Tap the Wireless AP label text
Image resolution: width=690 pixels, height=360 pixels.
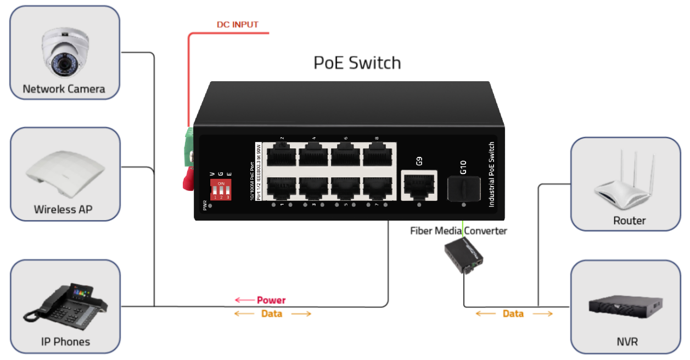click(x=63, y=209)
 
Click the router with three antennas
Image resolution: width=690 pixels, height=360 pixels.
click(x=627, y=184)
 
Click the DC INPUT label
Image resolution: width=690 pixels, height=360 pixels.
click(x=237, y=25)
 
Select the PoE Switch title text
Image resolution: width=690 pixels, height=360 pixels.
click(x=357, y=63)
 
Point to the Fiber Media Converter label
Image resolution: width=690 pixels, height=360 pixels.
click(x=458, y=231)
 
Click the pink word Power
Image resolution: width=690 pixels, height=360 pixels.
click(x=271, y=300)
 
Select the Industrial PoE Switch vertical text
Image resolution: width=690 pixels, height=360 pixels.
click(x=491, y=175)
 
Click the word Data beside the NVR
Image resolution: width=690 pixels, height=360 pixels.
click(x=513, y=314)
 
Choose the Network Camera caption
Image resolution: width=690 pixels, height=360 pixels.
click(x=64, y=89)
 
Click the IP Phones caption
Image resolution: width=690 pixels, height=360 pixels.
click(x=65, y=342)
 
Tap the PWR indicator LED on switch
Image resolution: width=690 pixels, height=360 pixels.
click(x=210, y=206)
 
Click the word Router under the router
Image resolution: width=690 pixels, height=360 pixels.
click(x=629, y=221)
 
